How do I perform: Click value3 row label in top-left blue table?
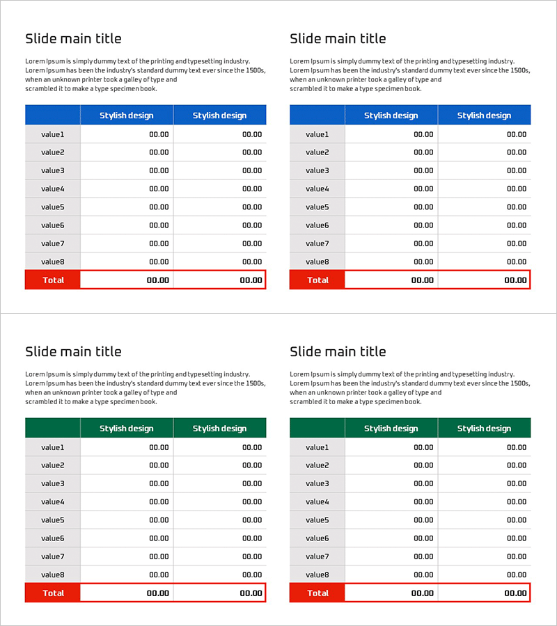(53, 170)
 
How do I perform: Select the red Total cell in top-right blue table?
(317, 280)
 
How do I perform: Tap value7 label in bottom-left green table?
(53, 556)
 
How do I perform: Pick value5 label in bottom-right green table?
(317, 520)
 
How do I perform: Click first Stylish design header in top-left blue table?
(127, 115)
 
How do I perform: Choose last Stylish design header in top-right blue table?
(484, 115)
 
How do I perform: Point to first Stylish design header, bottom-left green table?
(127, 428)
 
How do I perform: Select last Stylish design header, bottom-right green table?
(484, 428)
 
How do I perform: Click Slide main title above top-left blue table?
(73, 39)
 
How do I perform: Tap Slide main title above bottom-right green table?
(338, 352)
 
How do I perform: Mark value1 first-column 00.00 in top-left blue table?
(159, 134)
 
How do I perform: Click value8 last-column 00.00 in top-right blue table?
(517, 262)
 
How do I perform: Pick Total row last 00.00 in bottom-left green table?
(251, 593)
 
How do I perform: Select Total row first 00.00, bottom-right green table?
(422, 593)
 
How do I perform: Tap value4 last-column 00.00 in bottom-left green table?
(252, 501)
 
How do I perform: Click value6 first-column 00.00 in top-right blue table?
(423, 225)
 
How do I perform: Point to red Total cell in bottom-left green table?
(53, 593)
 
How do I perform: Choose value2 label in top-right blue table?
(317, 152)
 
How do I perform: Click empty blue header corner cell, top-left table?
(53, 115)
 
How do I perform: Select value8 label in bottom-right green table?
(317, 575)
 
